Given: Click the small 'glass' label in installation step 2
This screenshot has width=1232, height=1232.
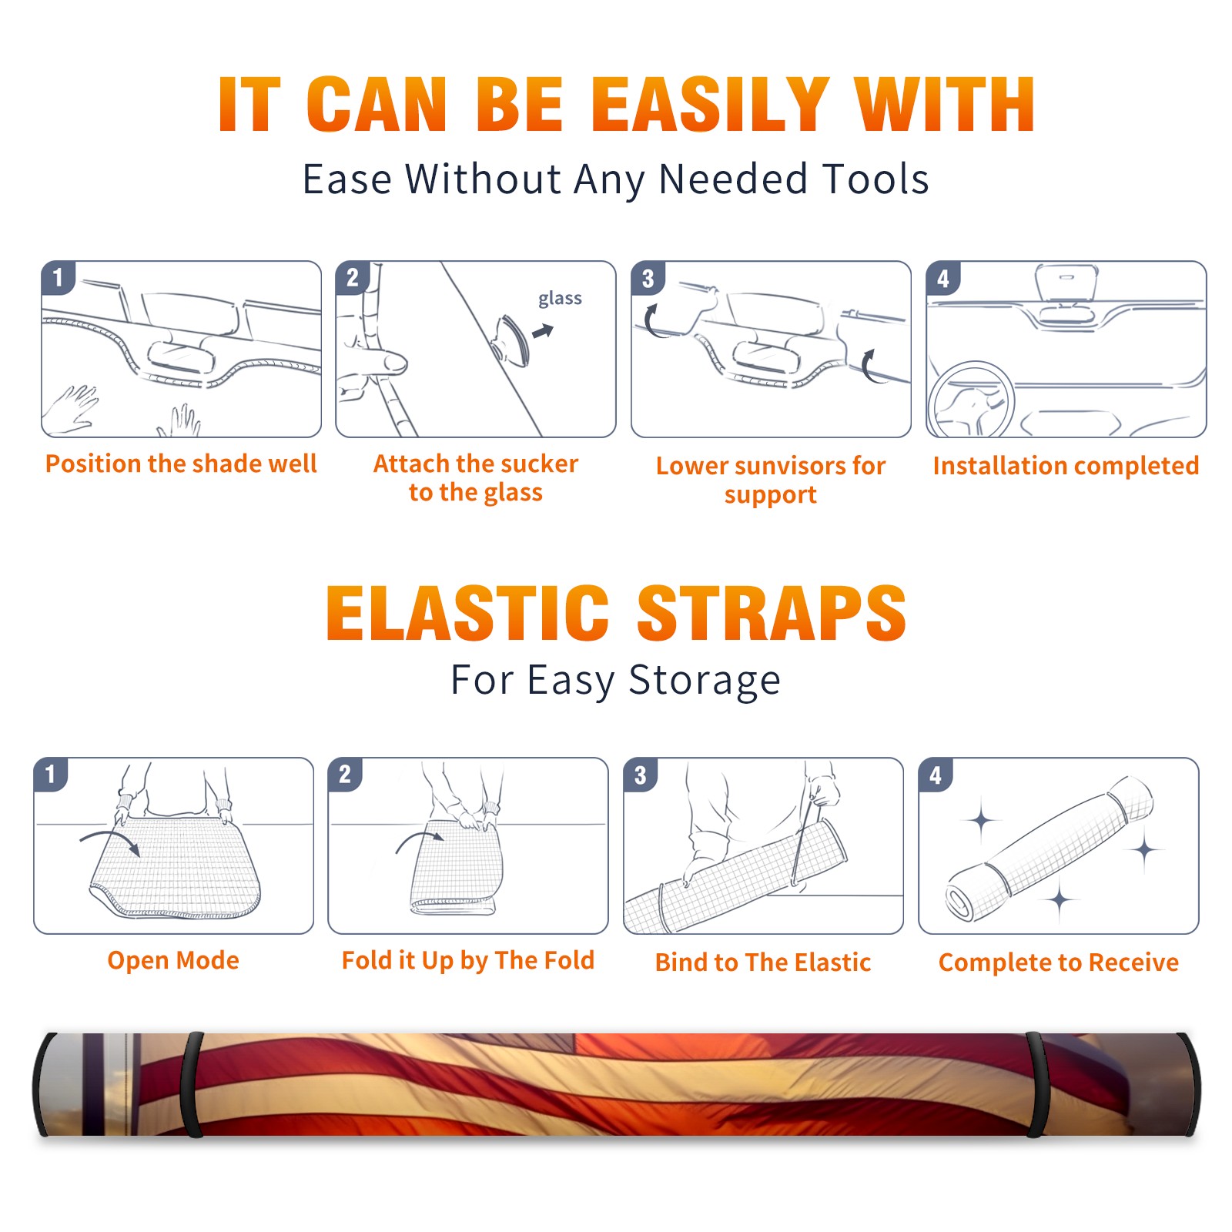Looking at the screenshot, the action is pos(560,299).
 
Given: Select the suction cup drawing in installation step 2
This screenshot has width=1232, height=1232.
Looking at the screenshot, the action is pos(511,339).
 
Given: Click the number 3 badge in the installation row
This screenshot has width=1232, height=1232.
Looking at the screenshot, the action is pos(648,278).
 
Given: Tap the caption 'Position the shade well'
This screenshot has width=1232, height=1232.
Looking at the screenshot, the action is pos(181,464).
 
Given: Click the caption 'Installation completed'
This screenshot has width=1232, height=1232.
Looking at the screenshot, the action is pos(1066,466).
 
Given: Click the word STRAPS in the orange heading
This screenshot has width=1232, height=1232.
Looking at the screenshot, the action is pos(772,613).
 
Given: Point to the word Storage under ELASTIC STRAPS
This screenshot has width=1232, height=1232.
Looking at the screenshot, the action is pos(705,681).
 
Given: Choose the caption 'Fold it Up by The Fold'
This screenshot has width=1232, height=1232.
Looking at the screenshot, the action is pos(468,960).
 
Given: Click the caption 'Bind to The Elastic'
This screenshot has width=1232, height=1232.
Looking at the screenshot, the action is pos(763,962).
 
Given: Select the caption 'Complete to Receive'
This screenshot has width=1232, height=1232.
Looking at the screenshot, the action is pos(1059,962).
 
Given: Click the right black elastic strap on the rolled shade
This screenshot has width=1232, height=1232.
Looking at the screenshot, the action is pos(1036,1085).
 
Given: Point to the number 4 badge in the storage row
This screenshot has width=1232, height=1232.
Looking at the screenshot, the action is pos(936,775).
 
